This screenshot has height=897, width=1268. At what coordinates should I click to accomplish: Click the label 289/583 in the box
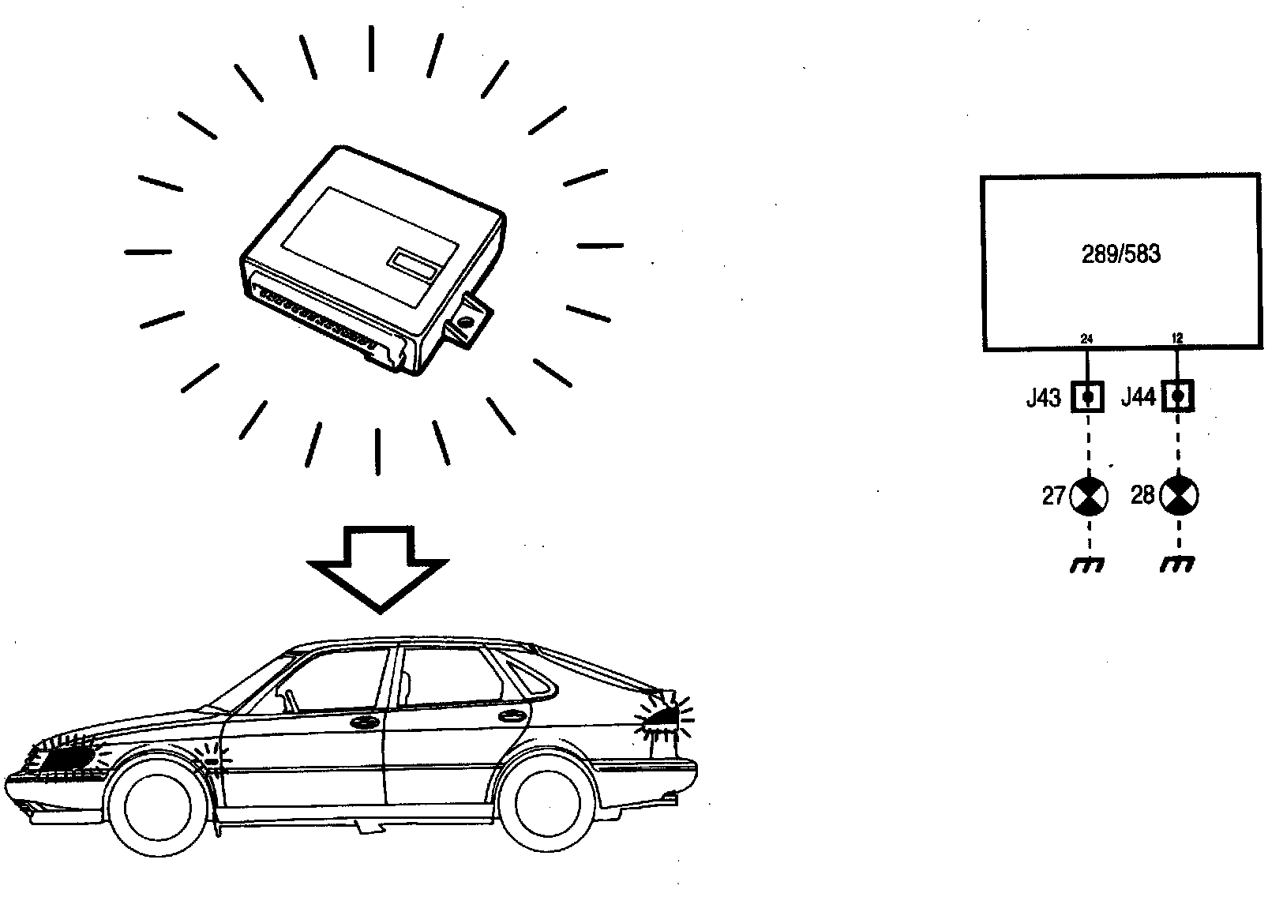coord(1120,255)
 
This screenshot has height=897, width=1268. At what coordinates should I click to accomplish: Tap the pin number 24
coord(1087,339)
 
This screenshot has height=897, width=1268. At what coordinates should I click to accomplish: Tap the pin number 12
coord(1177,339)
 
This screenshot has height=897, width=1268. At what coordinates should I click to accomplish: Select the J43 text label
coord(1043,399)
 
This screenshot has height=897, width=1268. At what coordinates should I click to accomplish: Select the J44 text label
coord(1138,398)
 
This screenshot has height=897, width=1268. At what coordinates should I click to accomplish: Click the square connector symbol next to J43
coord(1088,396)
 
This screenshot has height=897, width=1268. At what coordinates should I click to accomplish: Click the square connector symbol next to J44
coord(1178,396)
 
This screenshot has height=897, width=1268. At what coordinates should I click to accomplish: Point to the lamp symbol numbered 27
coord(1089,497)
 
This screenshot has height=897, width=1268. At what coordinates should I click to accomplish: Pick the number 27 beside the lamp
coord(1054,497)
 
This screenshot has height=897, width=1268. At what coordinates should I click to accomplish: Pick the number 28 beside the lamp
coord(1142,496)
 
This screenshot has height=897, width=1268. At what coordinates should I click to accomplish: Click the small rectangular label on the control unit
coord(414,263)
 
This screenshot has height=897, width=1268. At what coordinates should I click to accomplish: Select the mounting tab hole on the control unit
coord(466,323)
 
